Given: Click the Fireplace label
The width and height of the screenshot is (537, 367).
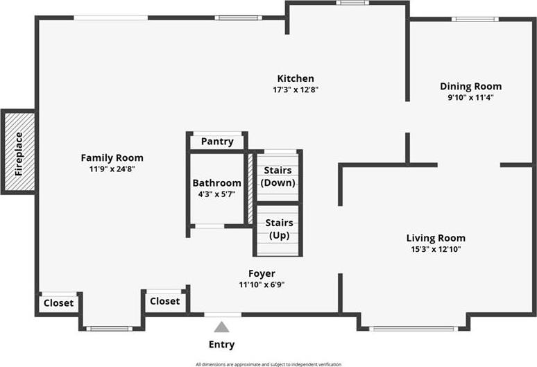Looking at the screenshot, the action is pos(19,154).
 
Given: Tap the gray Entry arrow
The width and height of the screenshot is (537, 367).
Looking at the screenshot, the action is pos(221,327).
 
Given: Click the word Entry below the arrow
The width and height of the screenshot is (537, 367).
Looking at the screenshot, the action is pos(221,344).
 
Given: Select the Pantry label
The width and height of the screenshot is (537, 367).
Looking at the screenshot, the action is pos(217,142).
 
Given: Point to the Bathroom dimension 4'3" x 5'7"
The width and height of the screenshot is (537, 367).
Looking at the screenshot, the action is pos(216,194).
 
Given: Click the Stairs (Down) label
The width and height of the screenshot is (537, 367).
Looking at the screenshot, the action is pos(278,176).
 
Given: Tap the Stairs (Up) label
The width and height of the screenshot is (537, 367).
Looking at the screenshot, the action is pos(279,229).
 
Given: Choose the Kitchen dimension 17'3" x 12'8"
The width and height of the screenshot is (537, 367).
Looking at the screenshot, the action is pos(296,89).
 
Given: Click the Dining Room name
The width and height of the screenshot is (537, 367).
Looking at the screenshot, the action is pos(471,86).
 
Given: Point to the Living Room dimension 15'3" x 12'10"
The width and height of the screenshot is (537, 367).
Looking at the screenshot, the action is pos(436,249).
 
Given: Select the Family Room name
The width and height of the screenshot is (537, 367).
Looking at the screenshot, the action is pos(112,157).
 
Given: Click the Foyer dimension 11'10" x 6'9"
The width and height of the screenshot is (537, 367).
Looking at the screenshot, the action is pos(262,284).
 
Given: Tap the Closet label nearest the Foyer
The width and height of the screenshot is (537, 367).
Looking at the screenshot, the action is pos(164,301).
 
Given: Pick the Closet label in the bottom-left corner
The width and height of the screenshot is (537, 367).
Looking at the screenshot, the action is pos(58,303).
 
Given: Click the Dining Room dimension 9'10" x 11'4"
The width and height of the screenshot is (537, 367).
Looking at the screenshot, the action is pos(471,98).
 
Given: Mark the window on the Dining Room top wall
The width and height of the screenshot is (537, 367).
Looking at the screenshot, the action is pos(475,19).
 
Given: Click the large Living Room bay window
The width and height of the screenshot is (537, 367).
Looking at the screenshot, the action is pos(414,329).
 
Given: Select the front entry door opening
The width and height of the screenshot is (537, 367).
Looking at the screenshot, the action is pos(223,314).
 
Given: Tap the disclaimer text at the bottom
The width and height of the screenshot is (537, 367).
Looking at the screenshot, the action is pos(268,364).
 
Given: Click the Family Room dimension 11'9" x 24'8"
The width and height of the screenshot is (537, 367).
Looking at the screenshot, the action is pos(112,169).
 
